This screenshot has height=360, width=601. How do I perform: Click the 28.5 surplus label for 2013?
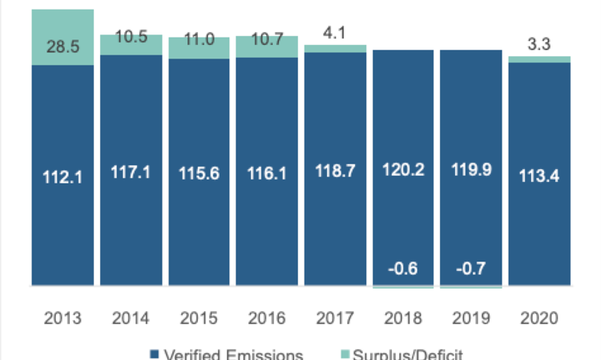(63, 47)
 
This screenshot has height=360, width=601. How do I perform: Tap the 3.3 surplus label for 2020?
(540, 47)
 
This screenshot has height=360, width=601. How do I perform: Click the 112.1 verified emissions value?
(63, 175)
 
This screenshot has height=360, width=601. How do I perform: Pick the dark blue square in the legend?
(154, 354)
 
